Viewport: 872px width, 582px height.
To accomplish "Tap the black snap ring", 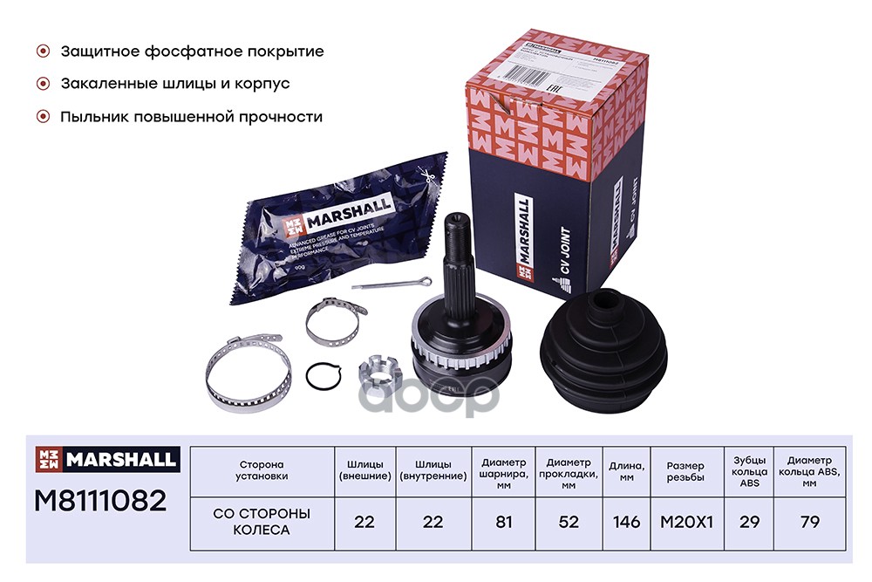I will (x=323, y=377).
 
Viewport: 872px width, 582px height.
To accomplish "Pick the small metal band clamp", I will (x=337, y=319).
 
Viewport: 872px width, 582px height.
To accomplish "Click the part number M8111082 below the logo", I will (x=99, y=500).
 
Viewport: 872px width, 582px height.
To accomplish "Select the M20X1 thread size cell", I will (x=685, y=522).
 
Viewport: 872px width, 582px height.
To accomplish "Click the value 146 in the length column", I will (x=625, y=522).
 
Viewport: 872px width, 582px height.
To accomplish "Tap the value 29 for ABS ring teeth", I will (x=747, y=522).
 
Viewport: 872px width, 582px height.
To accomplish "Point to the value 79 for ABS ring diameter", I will (x=808, y=522).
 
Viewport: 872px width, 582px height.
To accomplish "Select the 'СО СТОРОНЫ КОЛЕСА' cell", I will (x=262, y=521).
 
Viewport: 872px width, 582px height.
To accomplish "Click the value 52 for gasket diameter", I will (x=568, y=522).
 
